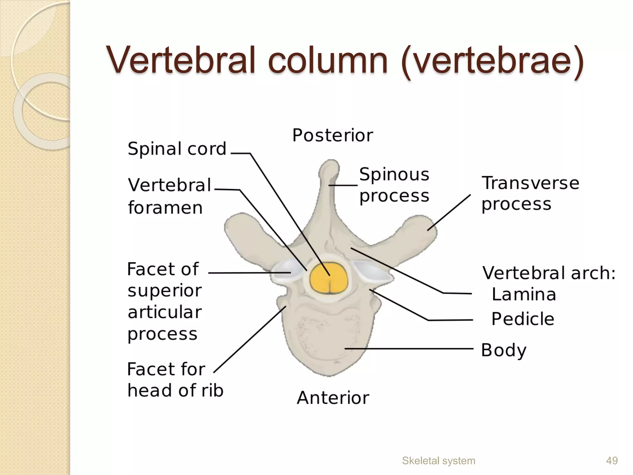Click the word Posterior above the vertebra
click(x=333, y=135)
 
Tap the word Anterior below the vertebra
click(x=333, y=398)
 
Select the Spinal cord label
click(x=177, y=149)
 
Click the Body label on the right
click(x=503, y=350)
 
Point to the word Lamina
click(x=524, y=294)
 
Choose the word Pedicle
click(x=523, y=319)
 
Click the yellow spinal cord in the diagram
click(x=329, y=277)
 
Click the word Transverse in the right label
click(x=530, y=183)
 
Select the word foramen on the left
click(x=165, y=208)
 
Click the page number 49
click(x=612, y=460)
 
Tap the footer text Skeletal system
click(x=438, y=460)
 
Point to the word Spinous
click(x=394, y=174)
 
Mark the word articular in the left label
click(x=165, y=312)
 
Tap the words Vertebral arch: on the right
click(x=549, y=273)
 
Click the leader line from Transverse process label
click(x=449, y=212)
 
